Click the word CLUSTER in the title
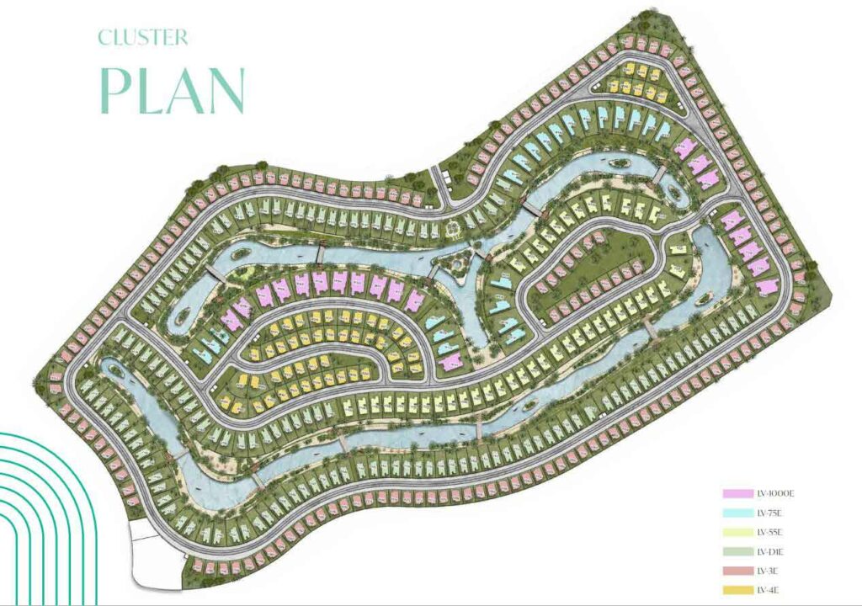(143, 38)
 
